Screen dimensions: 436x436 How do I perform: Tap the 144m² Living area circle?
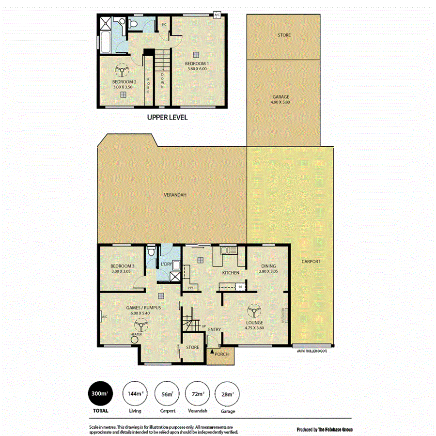(x=135, y=394)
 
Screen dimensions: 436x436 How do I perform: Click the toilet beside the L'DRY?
(x=152, y=251)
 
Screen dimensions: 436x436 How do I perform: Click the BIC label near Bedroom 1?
(x=164, y=24)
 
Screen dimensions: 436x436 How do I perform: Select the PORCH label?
(x=221, y=354)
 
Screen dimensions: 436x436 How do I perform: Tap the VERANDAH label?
(x=175, y=195)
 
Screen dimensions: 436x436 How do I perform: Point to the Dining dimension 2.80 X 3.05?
(x=268, y=272)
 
